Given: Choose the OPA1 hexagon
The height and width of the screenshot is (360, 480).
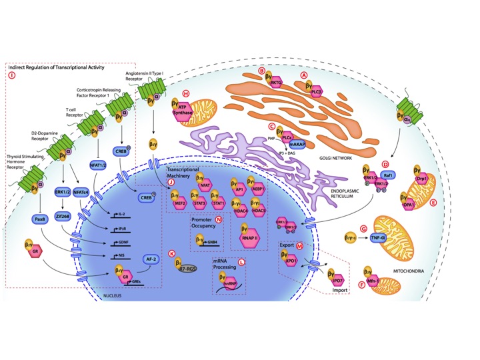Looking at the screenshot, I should pos(411,198).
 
